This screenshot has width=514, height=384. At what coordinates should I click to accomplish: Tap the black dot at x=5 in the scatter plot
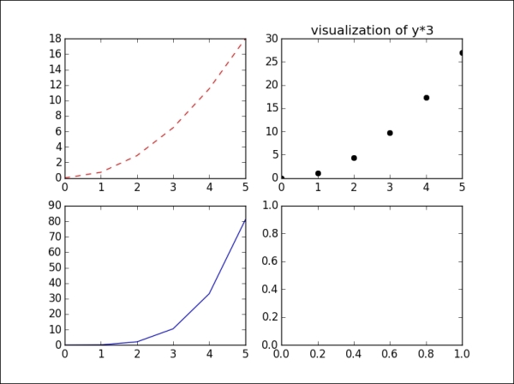click(x=462, y=53)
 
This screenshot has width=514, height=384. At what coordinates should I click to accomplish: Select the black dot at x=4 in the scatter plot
click(x=426, y=98)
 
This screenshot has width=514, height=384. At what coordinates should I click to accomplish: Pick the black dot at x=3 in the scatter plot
click(x=390, y=133)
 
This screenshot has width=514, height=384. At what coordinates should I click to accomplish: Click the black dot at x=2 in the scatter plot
click(x=354, y=158)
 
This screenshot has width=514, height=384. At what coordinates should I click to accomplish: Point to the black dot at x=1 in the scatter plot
click(x=318, y=173)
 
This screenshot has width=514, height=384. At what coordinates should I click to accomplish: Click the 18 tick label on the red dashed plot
click(x=54, y=39)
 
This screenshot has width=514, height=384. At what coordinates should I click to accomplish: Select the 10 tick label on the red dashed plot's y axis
click(x=54, y=100)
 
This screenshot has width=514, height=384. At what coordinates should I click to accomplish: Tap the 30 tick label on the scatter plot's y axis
click(x=270, y=39)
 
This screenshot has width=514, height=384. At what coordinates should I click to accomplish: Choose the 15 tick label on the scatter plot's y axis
click(x=270, y=108)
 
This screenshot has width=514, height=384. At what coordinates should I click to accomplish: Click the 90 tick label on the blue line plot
click(x=53, y=205)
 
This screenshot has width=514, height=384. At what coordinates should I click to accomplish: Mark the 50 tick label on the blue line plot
click(x=53, y=267)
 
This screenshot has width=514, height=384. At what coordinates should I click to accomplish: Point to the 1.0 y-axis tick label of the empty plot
click(x=268, y=205)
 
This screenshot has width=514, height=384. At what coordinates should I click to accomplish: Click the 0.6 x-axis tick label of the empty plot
click(x=390, y=354)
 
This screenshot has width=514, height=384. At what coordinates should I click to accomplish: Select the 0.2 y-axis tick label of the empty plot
click(x=268, y=317)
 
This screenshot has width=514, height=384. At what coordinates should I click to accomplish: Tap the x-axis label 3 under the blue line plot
click(x=174, y=354)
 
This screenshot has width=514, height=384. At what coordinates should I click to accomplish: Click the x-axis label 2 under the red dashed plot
click(x=137, y=187)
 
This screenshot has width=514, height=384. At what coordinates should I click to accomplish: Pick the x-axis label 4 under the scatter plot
click(x=426, y=187)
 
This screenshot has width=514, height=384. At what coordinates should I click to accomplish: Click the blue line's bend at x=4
click(x=210, y=294)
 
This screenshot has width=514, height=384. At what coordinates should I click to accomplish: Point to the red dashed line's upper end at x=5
click(x=245, y=41)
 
